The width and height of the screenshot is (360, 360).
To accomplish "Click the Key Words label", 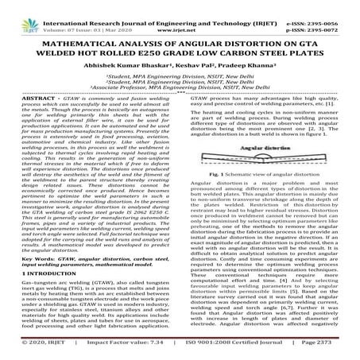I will pyautogui.click(x=33, y=256).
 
